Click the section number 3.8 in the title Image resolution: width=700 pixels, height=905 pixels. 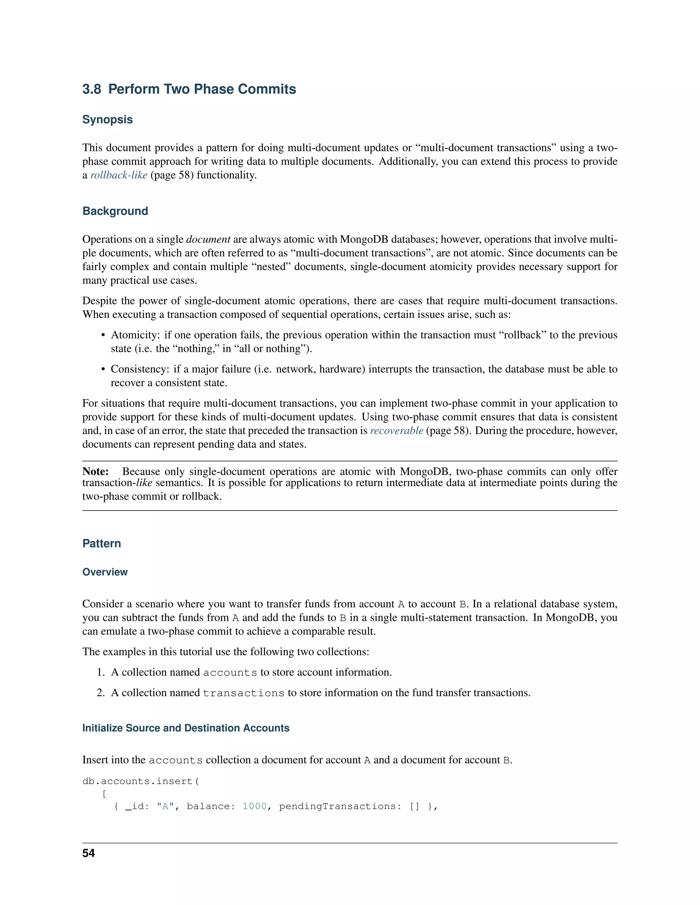pos(92,89)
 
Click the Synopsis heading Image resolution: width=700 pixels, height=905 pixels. pos(107,120)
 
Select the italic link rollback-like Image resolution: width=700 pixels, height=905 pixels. pos(119,175)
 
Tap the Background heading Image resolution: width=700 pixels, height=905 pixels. pos(115,211)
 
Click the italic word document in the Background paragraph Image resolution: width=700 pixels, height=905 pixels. pos(208,239)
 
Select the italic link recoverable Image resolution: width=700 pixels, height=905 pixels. pos(396,431)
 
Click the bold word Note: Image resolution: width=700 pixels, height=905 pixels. pos(95,472)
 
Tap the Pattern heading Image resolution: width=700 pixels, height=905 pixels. pos(102,544)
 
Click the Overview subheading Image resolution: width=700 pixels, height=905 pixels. pos(105,572)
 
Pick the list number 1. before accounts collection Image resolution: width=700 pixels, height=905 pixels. pos(101,672)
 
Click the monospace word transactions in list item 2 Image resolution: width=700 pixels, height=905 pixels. pos(243,693)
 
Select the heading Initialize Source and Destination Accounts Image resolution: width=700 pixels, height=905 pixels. pos(186,728)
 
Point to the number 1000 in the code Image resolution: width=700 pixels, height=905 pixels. pos(254,806)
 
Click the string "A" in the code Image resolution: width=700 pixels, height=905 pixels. pos(165,806)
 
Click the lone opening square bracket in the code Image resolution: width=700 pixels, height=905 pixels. pos(104,794)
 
